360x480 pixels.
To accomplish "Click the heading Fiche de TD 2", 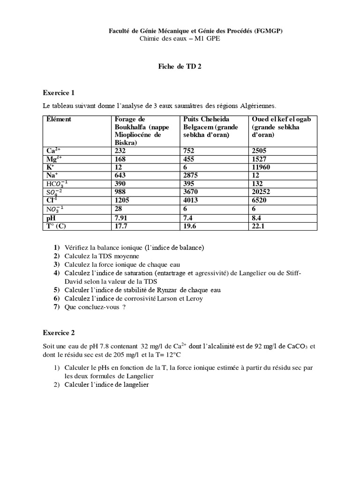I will click(x=180, y=67).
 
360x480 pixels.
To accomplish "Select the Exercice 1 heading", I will click(x=59, y=92).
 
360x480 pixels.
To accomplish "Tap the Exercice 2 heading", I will click(x=59, y=333).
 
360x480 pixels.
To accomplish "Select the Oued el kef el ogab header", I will click(x=281, y=127).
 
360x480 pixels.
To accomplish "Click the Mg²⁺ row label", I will click(x=54, y=159).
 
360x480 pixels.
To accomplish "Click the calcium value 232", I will click(x=120, y=151).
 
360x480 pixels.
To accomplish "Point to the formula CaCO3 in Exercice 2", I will click(x=292, y=346).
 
